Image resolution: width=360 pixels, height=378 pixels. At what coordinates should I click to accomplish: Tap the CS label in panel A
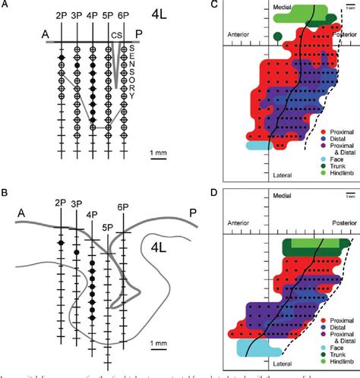click(x=116, y=55)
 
